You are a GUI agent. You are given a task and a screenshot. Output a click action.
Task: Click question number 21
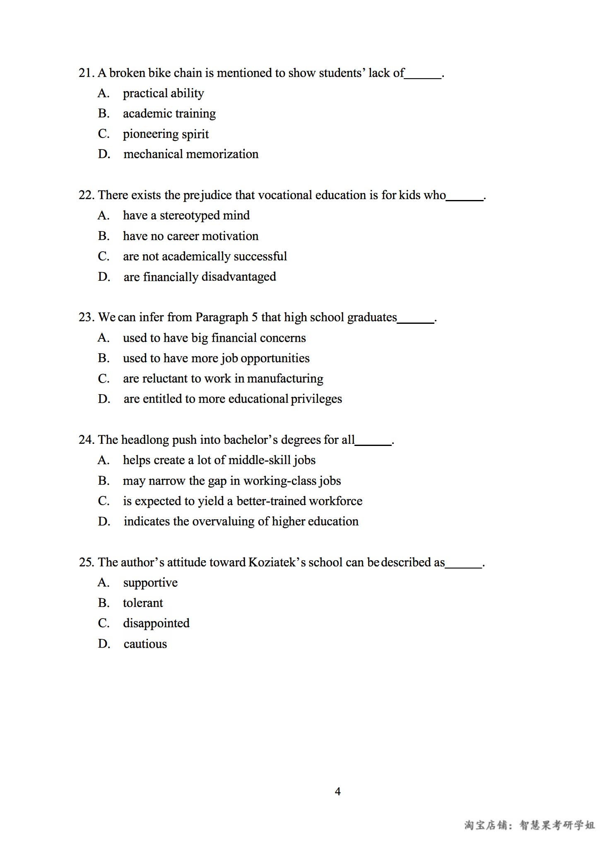pos(86,73)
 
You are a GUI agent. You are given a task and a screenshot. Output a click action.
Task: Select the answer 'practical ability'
pos(163,94)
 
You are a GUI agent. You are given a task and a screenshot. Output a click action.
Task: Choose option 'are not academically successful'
pos(205,256)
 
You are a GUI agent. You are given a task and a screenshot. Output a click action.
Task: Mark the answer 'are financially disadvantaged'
pos(200,277)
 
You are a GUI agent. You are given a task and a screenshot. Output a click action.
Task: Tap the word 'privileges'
pos(316,399)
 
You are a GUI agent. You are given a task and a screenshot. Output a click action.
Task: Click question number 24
pos(86,440)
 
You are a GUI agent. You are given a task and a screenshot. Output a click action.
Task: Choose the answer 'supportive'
pos(150,583)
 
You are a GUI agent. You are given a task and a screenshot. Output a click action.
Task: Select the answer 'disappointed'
pos(156,623)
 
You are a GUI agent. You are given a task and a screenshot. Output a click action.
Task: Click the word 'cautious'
pos(145,644)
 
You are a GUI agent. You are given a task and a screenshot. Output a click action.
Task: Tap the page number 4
pos(337,791)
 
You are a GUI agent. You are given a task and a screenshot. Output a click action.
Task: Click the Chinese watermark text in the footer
pos(530,825)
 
